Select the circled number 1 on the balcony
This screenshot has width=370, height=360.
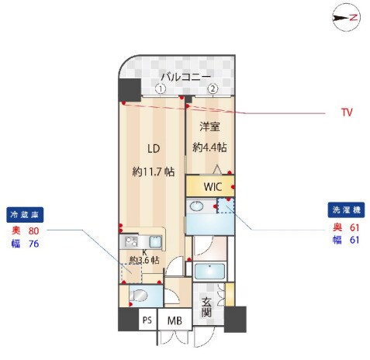pyautogui.click(x=160, y=89)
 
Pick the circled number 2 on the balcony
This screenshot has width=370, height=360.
pyautogui.click(x=212, y=89)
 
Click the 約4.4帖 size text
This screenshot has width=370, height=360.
pyautogui.click(x=210, y=147)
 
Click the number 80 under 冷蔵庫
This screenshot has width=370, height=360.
pyautogui.click(x=33, y=230)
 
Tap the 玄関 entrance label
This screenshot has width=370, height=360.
pyautogui.click(x=206, y=308)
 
